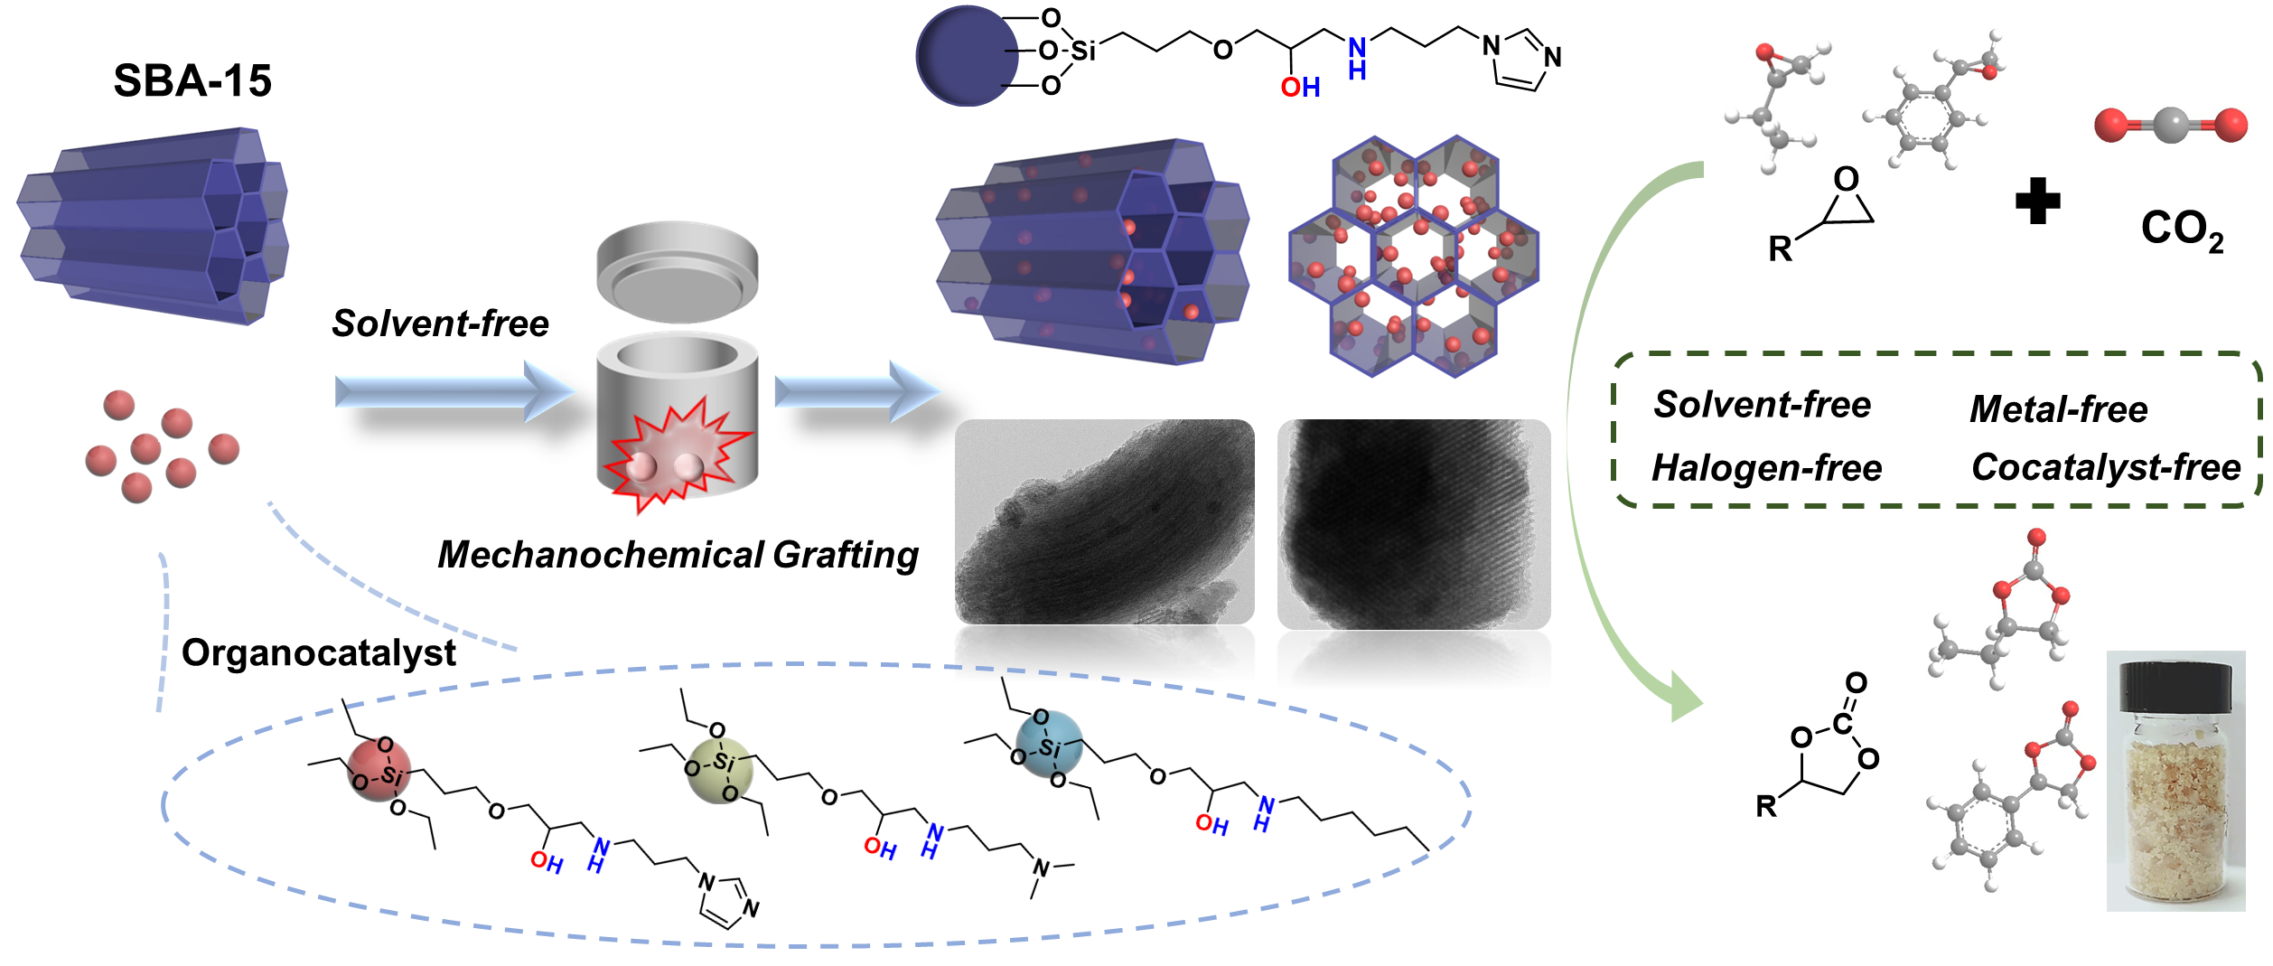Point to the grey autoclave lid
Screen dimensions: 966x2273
[x=677, y=270]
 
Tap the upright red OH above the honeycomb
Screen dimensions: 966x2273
[x=1300, y=87]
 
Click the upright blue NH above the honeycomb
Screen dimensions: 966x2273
[x=1356, y=59]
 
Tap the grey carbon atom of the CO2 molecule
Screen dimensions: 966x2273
[x=2170, y=125]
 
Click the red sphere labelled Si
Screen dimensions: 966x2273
[x=380, y=769]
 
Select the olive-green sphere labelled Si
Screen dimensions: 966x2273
[x=720, y=768]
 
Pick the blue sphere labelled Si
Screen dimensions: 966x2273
[x=1048, y=745]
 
